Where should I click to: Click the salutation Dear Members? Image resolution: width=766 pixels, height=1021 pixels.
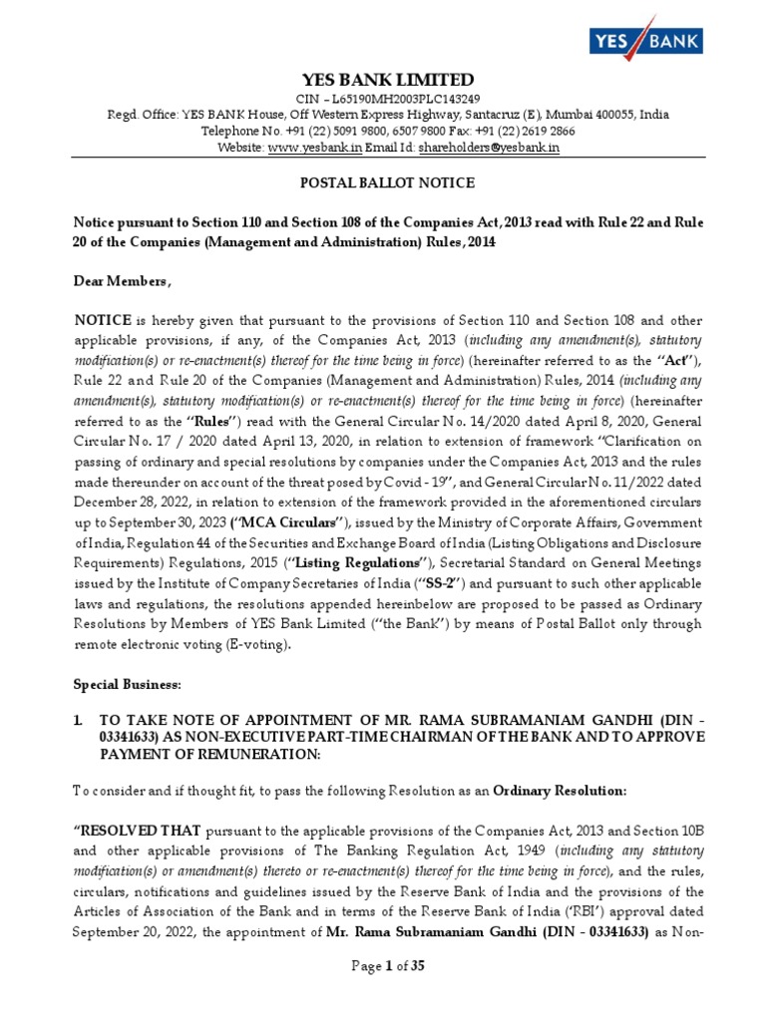pos(122,282)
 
